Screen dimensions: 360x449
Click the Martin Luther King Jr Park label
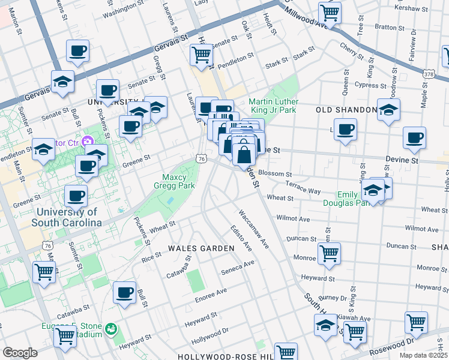click(x=273, y=106)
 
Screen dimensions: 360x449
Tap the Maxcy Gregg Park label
click(x=178, y=181)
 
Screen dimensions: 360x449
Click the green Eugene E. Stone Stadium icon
click(x=110, y=329)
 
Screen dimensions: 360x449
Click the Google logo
click(x=20, y=352)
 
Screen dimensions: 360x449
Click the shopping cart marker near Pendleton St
click(x=202, y=55)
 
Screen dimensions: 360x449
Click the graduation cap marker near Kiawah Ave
click(x=325, y=325)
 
